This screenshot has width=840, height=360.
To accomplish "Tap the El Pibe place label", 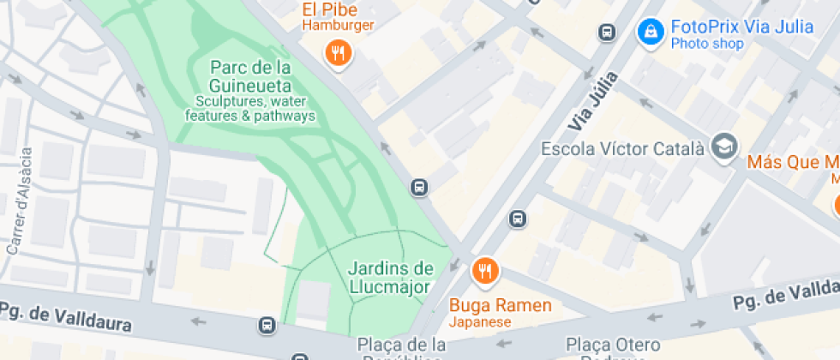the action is click(338, 10).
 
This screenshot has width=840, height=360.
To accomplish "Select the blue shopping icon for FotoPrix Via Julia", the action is click(651, 33).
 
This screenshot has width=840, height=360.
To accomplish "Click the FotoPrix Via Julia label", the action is click(741, 27).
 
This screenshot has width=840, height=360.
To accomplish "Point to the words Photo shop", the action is click(706, 44).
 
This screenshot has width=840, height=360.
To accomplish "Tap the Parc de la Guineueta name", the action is click(250, 76).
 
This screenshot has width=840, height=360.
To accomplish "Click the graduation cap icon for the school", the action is click(724, 146).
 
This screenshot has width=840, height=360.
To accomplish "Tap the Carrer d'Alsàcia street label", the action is click(20, 201).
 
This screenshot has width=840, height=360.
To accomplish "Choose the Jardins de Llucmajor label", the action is click(390, 277).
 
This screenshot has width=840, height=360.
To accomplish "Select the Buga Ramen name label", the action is click(501, 305).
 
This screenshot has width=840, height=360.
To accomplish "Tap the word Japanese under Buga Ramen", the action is click(480, 322).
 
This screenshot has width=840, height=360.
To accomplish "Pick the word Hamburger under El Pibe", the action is click(338, 26).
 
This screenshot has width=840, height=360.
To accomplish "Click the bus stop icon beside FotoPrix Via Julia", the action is click(607, 33).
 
